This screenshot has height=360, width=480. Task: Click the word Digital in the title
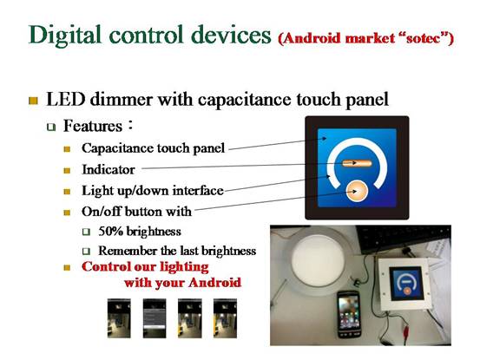tap(64, 36)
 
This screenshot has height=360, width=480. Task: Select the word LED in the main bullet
tap(65, 100)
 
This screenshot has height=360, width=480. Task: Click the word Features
tap(93, 126)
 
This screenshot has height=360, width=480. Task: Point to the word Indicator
tap(108, 170)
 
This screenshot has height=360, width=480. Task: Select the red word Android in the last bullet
tap(214, 282)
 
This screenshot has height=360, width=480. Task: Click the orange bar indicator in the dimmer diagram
tap(357, 164)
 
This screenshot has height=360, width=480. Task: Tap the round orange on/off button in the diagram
tap(357, 192)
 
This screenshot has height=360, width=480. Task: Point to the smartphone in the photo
tap(349, 314)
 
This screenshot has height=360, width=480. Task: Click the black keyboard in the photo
tap(404, 240)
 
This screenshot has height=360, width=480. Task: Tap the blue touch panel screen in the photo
tap(407, 283)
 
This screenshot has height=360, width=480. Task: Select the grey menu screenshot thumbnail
tap(155, 318)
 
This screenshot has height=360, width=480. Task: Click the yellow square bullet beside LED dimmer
tap(33, 101)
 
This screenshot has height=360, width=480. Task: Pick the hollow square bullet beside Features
tap(51, 127)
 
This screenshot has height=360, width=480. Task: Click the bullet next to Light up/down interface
tap(67, 192)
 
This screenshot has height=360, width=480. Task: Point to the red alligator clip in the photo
tap(406, 331)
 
